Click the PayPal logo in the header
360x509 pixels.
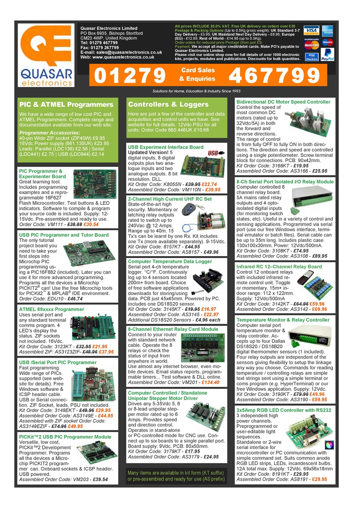pos(327,54)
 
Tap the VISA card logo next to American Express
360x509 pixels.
pos(311,31)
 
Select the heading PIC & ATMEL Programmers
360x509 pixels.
pos(66,105)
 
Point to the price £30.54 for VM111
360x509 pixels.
pos(91,225)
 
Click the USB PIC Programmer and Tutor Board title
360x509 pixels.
pos(64,235)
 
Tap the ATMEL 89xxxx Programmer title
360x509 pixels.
pos(52,309)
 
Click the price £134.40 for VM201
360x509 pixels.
pos(210,383)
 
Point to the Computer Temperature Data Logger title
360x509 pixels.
pos(170,261)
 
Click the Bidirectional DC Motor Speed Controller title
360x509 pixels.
pos(283,102)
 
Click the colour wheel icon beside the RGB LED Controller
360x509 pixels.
pos(329,444)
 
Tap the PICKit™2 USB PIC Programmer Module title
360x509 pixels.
pos(65,437)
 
